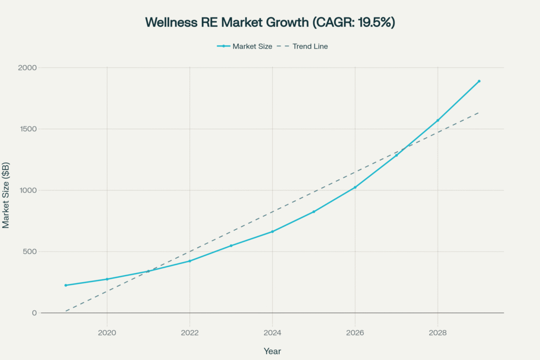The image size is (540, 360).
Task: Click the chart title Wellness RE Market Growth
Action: coord(269,23)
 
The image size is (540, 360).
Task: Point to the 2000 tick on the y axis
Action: coord(28,68)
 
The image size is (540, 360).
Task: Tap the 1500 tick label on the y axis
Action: coord(28,129)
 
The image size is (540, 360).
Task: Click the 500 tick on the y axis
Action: coord(30,251)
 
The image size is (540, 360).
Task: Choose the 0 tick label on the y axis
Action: coord(34,313)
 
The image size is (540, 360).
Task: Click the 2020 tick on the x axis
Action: coord(107,333)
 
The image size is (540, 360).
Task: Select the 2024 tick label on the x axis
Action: coord(272,333)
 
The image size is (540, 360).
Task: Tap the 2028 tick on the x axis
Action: coord(438,333)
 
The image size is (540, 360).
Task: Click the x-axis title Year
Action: coord(272,351)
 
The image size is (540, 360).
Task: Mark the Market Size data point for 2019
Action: coord(66,285)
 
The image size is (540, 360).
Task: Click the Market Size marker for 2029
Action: coord(479,81)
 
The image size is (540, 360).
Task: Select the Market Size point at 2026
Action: coord(355,187)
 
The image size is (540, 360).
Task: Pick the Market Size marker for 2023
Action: coord(231,246)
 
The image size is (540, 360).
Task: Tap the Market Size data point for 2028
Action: coord(438,120)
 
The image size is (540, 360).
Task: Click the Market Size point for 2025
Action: coord(314,212)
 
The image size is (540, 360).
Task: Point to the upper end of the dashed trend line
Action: coord(479,112)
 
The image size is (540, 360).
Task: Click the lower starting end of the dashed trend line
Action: coord(66,311)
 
